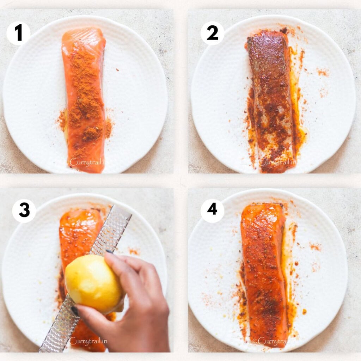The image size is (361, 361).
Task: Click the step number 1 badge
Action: coord(18,33)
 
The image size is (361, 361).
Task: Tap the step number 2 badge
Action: coord(212,33)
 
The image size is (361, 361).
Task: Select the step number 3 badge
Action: coord(24,210)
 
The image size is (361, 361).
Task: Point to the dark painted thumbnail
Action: coord(75,311)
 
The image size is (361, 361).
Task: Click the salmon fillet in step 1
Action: coord(84,99)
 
